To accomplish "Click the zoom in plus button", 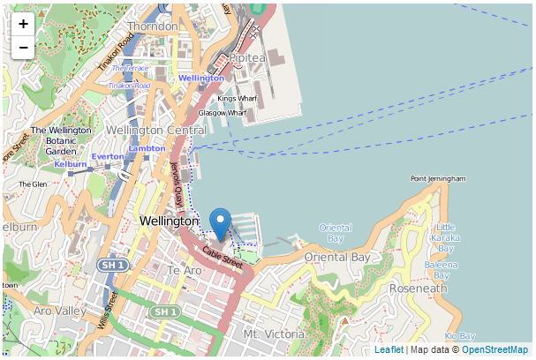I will (23, 24).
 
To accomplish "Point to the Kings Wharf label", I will (238, 98).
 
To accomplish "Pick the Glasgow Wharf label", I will (223, 113).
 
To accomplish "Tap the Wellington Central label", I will (156, 131).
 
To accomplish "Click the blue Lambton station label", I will (147, 148).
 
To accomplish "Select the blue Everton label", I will (108, 156).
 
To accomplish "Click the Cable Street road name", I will (222, 257).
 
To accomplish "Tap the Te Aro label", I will (185, 270).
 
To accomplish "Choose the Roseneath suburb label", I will (419, 289).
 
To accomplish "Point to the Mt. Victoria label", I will (274, 334).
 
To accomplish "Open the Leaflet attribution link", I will (389, 350).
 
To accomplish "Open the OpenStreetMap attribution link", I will (494, 350).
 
